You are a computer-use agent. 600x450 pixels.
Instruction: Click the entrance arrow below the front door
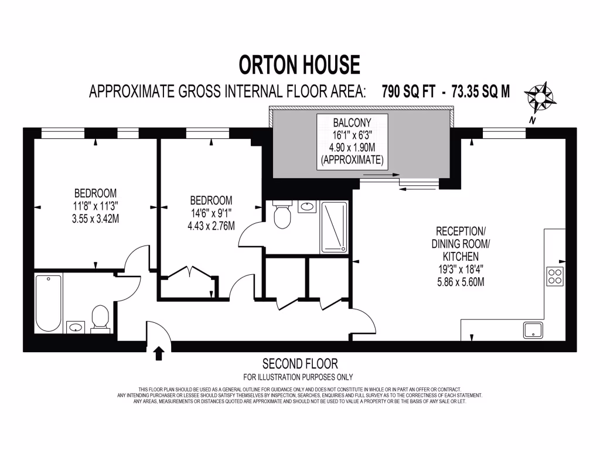click(x=159, y=353)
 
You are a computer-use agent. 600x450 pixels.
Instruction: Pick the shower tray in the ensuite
click(x=333, y=227)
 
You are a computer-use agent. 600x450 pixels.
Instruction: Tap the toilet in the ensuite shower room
click(x=282, y=215)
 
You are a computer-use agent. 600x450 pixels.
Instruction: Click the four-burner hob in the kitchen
click(x=555, y=276)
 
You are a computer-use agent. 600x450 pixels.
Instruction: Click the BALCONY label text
click(x=352, y=122)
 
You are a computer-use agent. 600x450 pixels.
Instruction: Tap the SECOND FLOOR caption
click(x=300, y=364)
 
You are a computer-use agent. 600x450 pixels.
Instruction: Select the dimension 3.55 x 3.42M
click(x=95, y=219)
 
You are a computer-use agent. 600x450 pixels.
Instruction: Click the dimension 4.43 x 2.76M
click(x=211, y=226)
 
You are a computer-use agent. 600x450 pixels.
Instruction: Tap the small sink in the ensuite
click(x=307, y=206)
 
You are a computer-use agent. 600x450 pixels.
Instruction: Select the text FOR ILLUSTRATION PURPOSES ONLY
click(x=298, y=377)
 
